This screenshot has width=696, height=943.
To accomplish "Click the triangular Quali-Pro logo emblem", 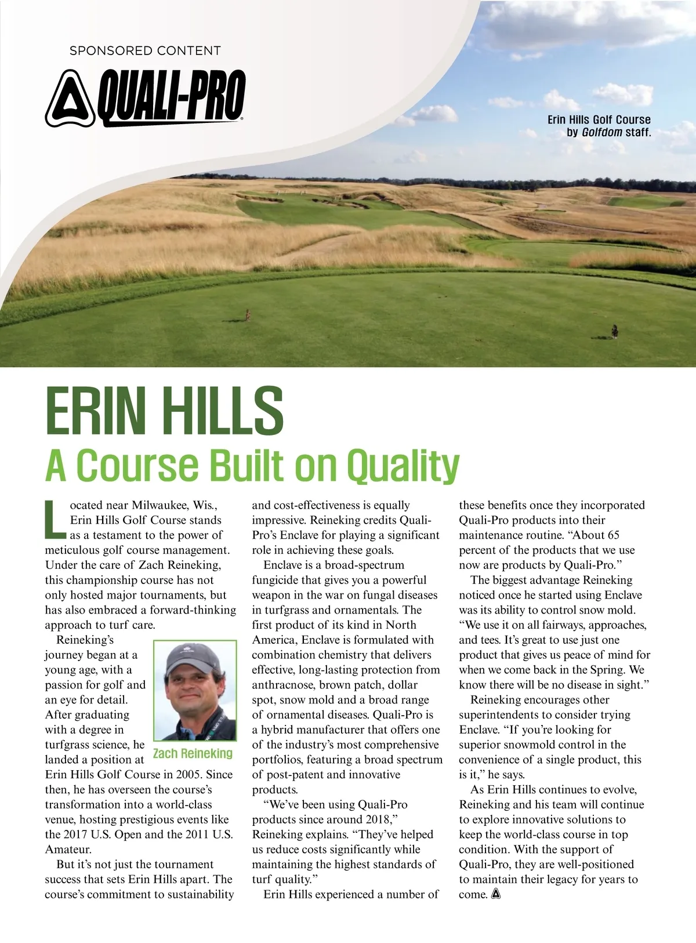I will pyautogui.click(x=70, y=99).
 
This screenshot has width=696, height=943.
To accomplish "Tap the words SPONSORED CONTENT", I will pyautogui.click(x=145, y=50).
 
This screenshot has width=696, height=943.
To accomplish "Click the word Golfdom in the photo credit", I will pyautogui.click(x=602, y=132).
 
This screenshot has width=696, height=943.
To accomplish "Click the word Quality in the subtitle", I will pyautogui.click(x=403, y=466).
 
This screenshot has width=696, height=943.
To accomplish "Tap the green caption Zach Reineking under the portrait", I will pyautogui.click(x=193, y=753).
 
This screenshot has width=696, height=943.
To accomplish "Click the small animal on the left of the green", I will pyautogui.click(x=247, y=315).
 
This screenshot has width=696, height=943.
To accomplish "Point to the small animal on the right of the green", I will pyautogui.click(x=614, y=331).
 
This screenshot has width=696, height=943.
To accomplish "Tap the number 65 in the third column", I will pyautogui.click(x=613, y=535).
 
